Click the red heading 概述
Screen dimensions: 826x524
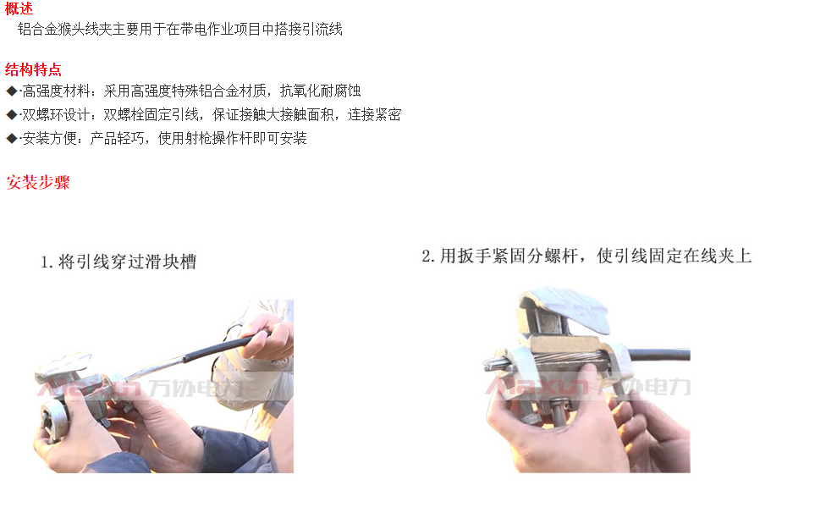[19, 8]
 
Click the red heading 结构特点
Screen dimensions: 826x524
[33, 69]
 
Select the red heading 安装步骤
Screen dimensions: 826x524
[38, 182]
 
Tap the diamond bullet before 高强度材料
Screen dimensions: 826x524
[12, 91]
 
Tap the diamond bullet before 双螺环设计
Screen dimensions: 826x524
[12, 115]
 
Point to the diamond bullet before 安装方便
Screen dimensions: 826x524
[12, 139]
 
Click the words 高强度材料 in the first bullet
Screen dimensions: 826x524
[56, 91]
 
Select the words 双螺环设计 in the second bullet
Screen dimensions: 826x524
[56, 115]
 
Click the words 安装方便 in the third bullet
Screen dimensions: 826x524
[49, 139]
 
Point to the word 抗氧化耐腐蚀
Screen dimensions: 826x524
[320, 91]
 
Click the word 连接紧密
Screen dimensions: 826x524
[375, 115]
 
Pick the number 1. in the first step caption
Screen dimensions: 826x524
[47, 262]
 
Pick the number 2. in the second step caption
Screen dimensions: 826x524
[428, 256]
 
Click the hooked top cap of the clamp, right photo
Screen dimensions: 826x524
[564, 310]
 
